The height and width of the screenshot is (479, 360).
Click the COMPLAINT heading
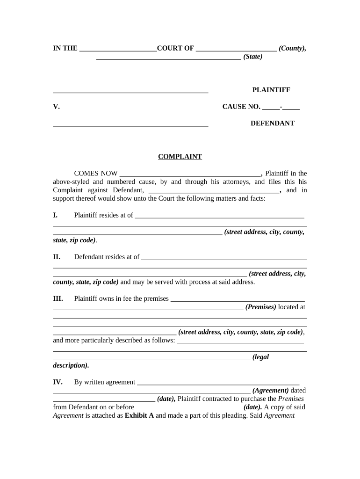coord(180,157)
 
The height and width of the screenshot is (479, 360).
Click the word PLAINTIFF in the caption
coord(271,90)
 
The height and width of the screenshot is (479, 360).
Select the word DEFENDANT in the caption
coord(272,123)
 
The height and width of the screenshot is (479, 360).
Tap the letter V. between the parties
coord(56,107)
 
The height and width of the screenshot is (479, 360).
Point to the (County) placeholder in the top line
coord(293,48)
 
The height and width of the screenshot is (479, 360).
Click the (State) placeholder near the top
coord(253,57)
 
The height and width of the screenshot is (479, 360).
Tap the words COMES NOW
coord(96,174)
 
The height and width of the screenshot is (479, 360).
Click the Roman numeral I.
coord(55,215)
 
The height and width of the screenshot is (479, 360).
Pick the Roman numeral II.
coord(57,257)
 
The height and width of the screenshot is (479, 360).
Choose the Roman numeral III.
coord(58,298)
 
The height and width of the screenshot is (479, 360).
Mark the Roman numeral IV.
coord(58,382)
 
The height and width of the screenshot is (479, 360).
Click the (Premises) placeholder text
coord(260,307)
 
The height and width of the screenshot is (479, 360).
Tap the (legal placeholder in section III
coord(260,357)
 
